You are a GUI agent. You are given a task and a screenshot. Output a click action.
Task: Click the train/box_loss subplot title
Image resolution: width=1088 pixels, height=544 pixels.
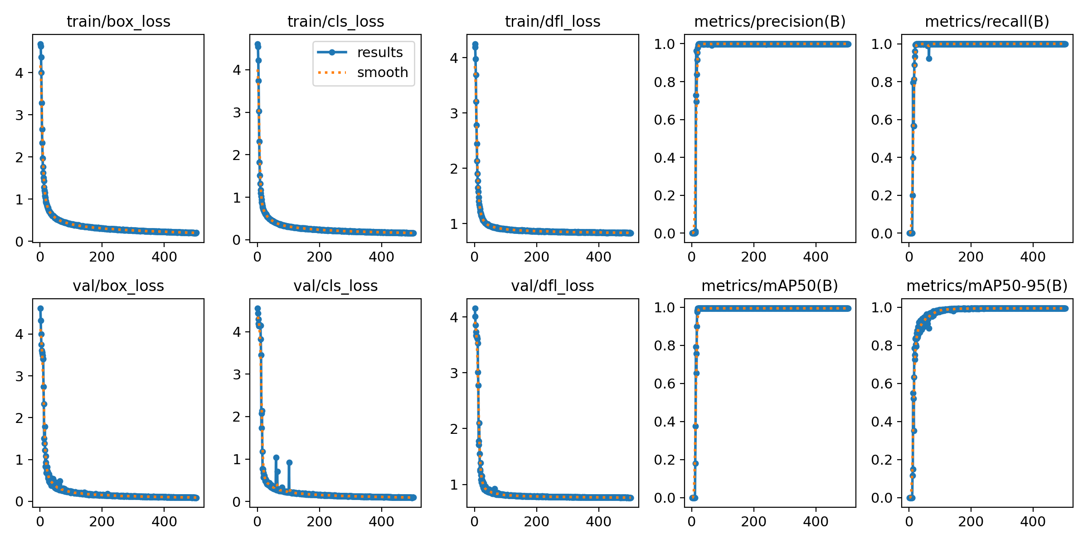tap(118, 22)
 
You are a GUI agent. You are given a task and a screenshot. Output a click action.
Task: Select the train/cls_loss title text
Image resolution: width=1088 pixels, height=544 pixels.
tap(335, 22)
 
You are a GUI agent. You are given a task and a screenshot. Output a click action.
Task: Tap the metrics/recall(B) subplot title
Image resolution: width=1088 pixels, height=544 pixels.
tap(987, 22)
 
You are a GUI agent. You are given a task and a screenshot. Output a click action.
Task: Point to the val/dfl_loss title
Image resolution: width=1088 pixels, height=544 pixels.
tap(552, 286)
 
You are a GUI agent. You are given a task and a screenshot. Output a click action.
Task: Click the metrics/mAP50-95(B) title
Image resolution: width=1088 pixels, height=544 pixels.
tap(987, 286)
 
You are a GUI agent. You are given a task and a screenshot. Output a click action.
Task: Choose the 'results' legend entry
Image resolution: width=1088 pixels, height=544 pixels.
tap(379, 53)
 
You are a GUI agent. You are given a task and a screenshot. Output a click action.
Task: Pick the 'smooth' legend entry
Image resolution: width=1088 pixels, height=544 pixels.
tap(382, 73)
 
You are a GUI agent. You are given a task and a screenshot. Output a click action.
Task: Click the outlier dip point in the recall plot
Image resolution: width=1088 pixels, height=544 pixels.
tap(929, 58)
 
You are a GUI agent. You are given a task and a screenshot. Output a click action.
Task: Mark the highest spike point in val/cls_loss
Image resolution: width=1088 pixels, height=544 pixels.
tap(276, 458)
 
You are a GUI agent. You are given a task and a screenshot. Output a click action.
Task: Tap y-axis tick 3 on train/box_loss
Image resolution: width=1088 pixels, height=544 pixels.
tap(19, 115)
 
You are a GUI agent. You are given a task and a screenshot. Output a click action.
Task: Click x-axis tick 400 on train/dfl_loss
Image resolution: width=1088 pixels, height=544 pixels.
tap(598, 257)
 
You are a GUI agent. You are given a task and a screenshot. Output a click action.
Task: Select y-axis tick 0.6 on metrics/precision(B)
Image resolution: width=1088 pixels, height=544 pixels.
tap(665, 120)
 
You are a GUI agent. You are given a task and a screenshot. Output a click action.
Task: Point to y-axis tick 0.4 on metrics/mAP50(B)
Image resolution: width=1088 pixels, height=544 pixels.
tap(665, 422)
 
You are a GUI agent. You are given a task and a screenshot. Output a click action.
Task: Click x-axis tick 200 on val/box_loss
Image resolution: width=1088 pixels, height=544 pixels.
tap(102, 521)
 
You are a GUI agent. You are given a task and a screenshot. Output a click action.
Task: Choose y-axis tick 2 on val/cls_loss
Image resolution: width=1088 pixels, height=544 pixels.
tap(237, 417)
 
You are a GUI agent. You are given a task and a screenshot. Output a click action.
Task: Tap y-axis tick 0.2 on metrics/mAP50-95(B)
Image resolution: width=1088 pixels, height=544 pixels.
tap(882, 460)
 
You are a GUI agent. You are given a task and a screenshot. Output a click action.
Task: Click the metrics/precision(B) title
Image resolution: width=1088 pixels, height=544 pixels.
tap(770, 22)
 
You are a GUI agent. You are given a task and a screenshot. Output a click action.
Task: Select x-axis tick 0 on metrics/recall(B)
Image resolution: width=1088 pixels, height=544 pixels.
tap(909, 257)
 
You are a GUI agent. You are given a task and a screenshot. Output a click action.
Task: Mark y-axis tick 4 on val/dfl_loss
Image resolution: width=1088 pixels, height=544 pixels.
tap(454, 317)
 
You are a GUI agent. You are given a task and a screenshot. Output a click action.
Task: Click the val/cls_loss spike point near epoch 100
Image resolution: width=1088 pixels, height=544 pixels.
tap(289, 463)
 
